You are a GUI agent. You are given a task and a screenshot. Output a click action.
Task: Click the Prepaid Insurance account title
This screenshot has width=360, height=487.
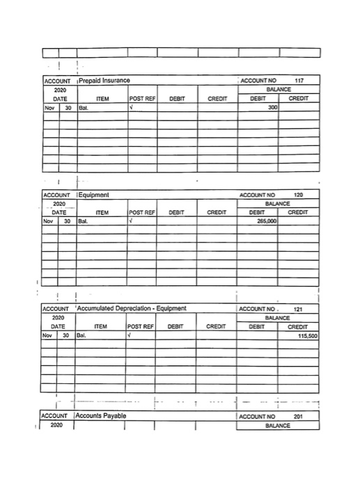click(105, 82)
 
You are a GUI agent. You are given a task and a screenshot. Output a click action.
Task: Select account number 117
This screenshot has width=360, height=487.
click(299, 81)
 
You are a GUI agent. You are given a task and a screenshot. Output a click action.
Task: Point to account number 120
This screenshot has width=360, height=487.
click(299, 194)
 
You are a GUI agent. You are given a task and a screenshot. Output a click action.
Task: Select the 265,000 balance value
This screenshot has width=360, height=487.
click(266, 221)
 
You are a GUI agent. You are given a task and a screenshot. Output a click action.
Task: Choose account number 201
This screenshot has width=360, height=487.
click(299, 417)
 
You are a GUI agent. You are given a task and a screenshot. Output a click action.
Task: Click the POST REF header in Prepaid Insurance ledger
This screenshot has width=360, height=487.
click(141, 99)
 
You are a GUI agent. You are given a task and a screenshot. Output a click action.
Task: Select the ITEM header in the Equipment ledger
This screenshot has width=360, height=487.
click(102, 212)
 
